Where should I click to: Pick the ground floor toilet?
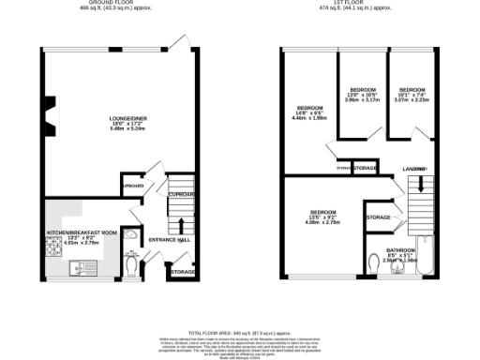point(131,265)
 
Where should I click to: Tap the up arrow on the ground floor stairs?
point(179,226)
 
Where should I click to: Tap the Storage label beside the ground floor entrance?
point(183,273)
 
